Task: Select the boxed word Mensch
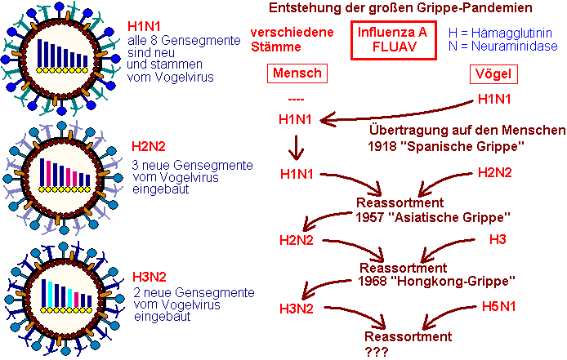click(x=295, y=73)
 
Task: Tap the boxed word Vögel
click(x=494, y=73)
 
